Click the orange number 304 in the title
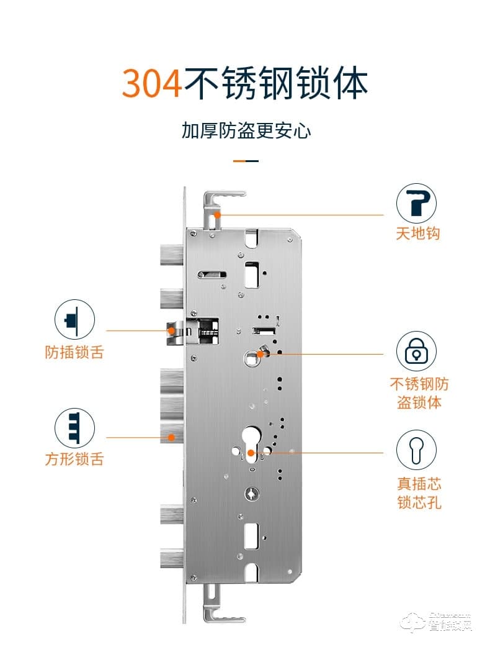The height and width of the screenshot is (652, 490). pyautogui.click(x=151, y=83)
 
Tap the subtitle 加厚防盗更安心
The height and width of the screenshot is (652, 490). pyautogui.click(x=246, y=131)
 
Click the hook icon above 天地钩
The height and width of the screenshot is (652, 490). pyautogui.click(x=417, y=203)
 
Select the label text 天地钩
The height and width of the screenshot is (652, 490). pyautogui.click(x=418, y=234)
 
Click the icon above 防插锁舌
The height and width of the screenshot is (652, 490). pyautogui.click(x=74, y=319)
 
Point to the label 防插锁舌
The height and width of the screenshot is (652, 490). pyautogui.click(x=74, y=352)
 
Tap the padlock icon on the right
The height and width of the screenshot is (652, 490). pyautogui.click(x=417, y=351)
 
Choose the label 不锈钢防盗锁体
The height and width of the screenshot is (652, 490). pyautogui.click(x=419, y=392)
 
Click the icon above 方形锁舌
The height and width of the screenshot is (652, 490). pyautogui.click(x=74, y=427)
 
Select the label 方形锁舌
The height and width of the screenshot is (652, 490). pyautogui.click(x=74, y=460)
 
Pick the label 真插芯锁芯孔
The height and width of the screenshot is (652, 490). pyautogui.click(x=419, y=492)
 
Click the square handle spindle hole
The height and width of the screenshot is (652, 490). pyautogui.click(x=251, y=356)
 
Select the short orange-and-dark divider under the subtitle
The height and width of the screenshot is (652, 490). pyautogui.click(x=246, y=161)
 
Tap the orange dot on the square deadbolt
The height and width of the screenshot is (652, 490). pyautogui.click(x=171, y=437)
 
